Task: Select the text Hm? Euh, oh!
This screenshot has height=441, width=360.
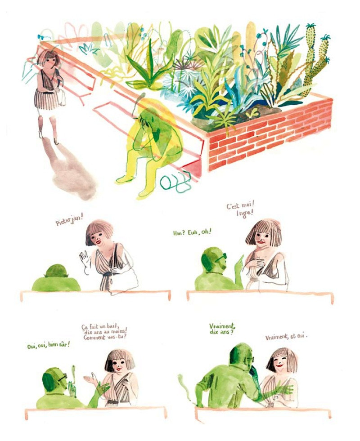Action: (191, 232)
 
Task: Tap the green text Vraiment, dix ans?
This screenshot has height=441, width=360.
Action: (222, 329)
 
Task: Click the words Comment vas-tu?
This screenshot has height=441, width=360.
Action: (105, 337)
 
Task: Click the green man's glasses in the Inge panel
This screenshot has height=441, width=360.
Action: (220, 257)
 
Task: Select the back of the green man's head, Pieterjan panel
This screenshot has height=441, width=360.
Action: (56, 271)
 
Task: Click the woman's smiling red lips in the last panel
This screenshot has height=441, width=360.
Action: (280, 366)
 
